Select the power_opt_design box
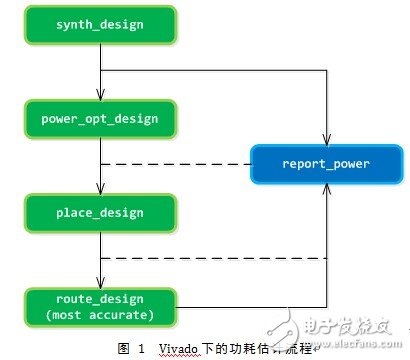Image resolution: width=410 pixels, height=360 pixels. point(99,120)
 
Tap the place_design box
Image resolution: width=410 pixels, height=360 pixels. point(99,212)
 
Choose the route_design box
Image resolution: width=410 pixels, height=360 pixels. point(99,304)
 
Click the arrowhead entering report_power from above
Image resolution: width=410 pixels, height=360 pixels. point(327,141)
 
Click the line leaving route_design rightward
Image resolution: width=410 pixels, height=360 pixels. point(240,304)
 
